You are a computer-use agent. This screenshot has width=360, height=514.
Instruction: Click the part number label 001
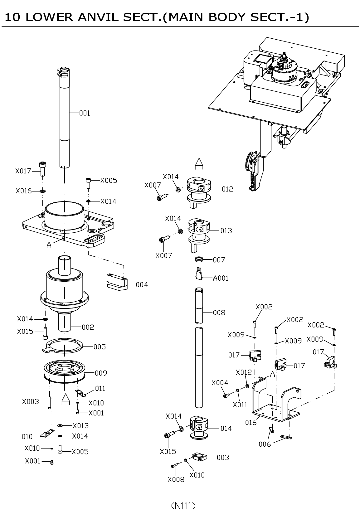(x=85, y=113)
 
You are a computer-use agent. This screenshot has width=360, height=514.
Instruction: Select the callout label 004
(x=142, y=284)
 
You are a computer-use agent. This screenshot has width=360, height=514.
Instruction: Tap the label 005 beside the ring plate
(x=100, y=347)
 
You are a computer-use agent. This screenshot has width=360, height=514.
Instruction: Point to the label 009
(x=101, y=373)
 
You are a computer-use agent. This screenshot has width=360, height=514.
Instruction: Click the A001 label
(x=221, y=278)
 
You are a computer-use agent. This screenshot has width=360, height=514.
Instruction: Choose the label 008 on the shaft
(x=219, y=313)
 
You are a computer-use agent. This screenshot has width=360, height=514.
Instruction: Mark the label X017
(x=23, y=171)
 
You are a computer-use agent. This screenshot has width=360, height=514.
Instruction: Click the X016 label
(x=24, y=191)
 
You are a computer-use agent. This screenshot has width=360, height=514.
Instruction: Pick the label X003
(x=31, y=402)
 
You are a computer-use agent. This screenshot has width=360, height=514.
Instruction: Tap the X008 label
(x=176, y=480)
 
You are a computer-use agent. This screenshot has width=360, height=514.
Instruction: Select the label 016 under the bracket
(x=251, y=422)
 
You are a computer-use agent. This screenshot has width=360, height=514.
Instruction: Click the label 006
(x=265, y=444)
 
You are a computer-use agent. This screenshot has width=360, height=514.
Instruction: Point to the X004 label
(x=220, y=383)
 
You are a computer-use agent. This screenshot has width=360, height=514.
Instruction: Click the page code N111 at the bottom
(x=183, y=506)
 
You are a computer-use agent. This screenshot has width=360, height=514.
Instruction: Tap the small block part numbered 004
(x=117, y=282)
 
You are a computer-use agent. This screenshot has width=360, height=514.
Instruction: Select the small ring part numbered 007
(x=199, y=259)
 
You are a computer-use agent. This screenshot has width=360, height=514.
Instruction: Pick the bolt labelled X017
(x=42, y=169)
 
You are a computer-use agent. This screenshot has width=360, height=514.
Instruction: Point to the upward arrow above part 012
(x=199, y=163)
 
